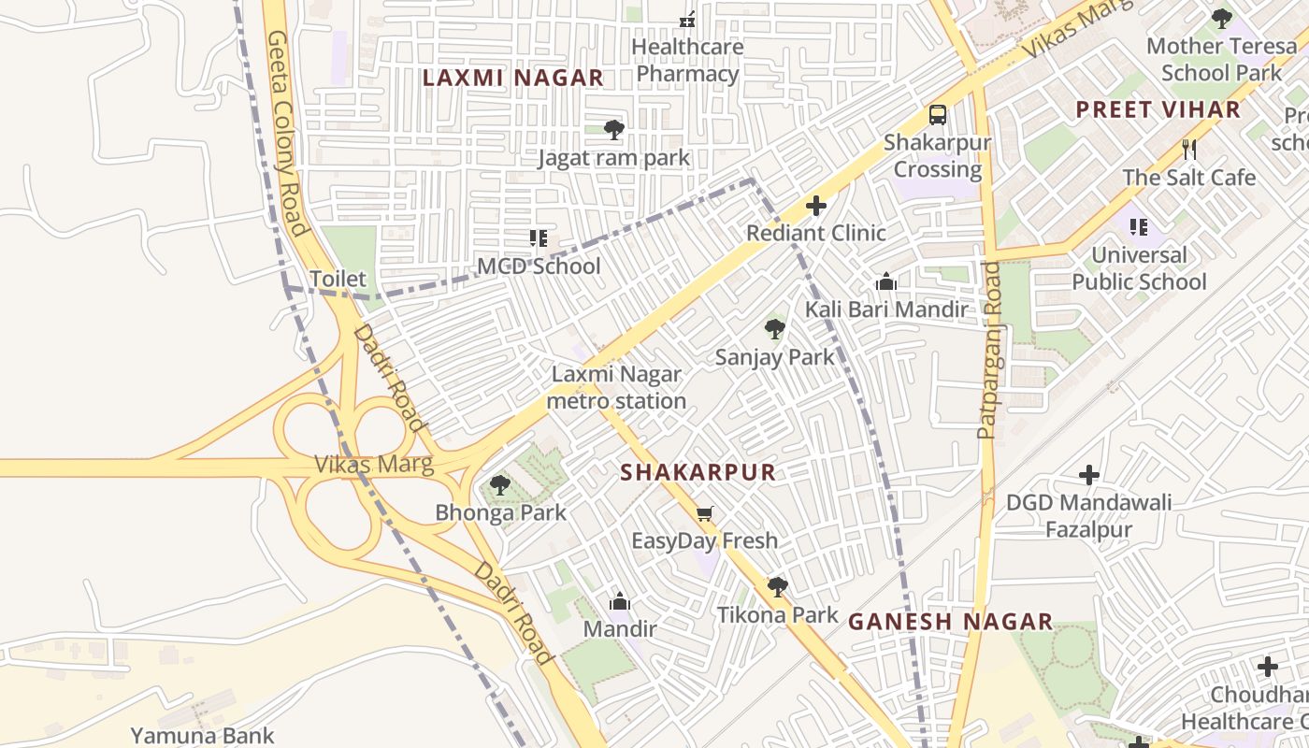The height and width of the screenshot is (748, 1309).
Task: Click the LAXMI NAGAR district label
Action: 512,78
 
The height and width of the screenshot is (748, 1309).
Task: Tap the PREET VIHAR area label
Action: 1158,109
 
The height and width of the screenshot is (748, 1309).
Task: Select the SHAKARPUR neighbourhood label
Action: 698,472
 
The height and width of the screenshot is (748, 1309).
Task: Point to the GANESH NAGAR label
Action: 950,622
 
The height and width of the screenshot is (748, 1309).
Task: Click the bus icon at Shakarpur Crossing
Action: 937,115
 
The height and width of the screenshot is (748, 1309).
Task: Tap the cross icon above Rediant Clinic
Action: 815,206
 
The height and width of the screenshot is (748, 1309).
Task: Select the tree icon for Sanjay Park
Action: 774,329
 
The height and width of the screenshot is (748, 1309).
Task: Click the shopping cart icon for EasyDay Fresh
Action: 705,513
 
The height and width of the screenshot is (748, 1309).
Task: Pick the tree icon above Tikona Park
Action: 777,587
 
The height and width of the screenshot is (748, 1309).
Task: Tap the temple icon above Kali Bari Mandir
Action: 886,281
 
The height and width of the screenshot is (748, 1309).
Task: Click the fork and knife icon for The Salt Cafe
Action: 1188,149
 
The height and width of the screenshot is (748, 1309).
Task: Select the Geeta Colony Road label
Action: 287,133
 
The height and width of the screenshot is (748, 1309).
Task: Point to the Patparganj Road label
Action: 989,351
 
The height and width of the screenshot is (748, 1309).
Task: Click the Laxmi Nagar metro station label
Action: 616,387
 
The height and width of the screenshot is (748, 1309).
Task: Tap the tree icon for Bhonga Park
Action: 500,485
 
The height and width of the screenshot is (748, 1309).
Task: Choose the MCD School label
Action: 539,266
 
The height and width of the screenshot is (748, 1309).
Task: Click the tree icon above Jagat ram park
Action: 613,130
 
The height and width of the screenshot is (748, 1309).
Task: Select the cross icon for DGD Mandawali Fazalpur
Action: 1088,475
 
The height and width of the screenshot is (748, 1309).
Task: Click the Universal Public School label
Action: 1139,268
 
